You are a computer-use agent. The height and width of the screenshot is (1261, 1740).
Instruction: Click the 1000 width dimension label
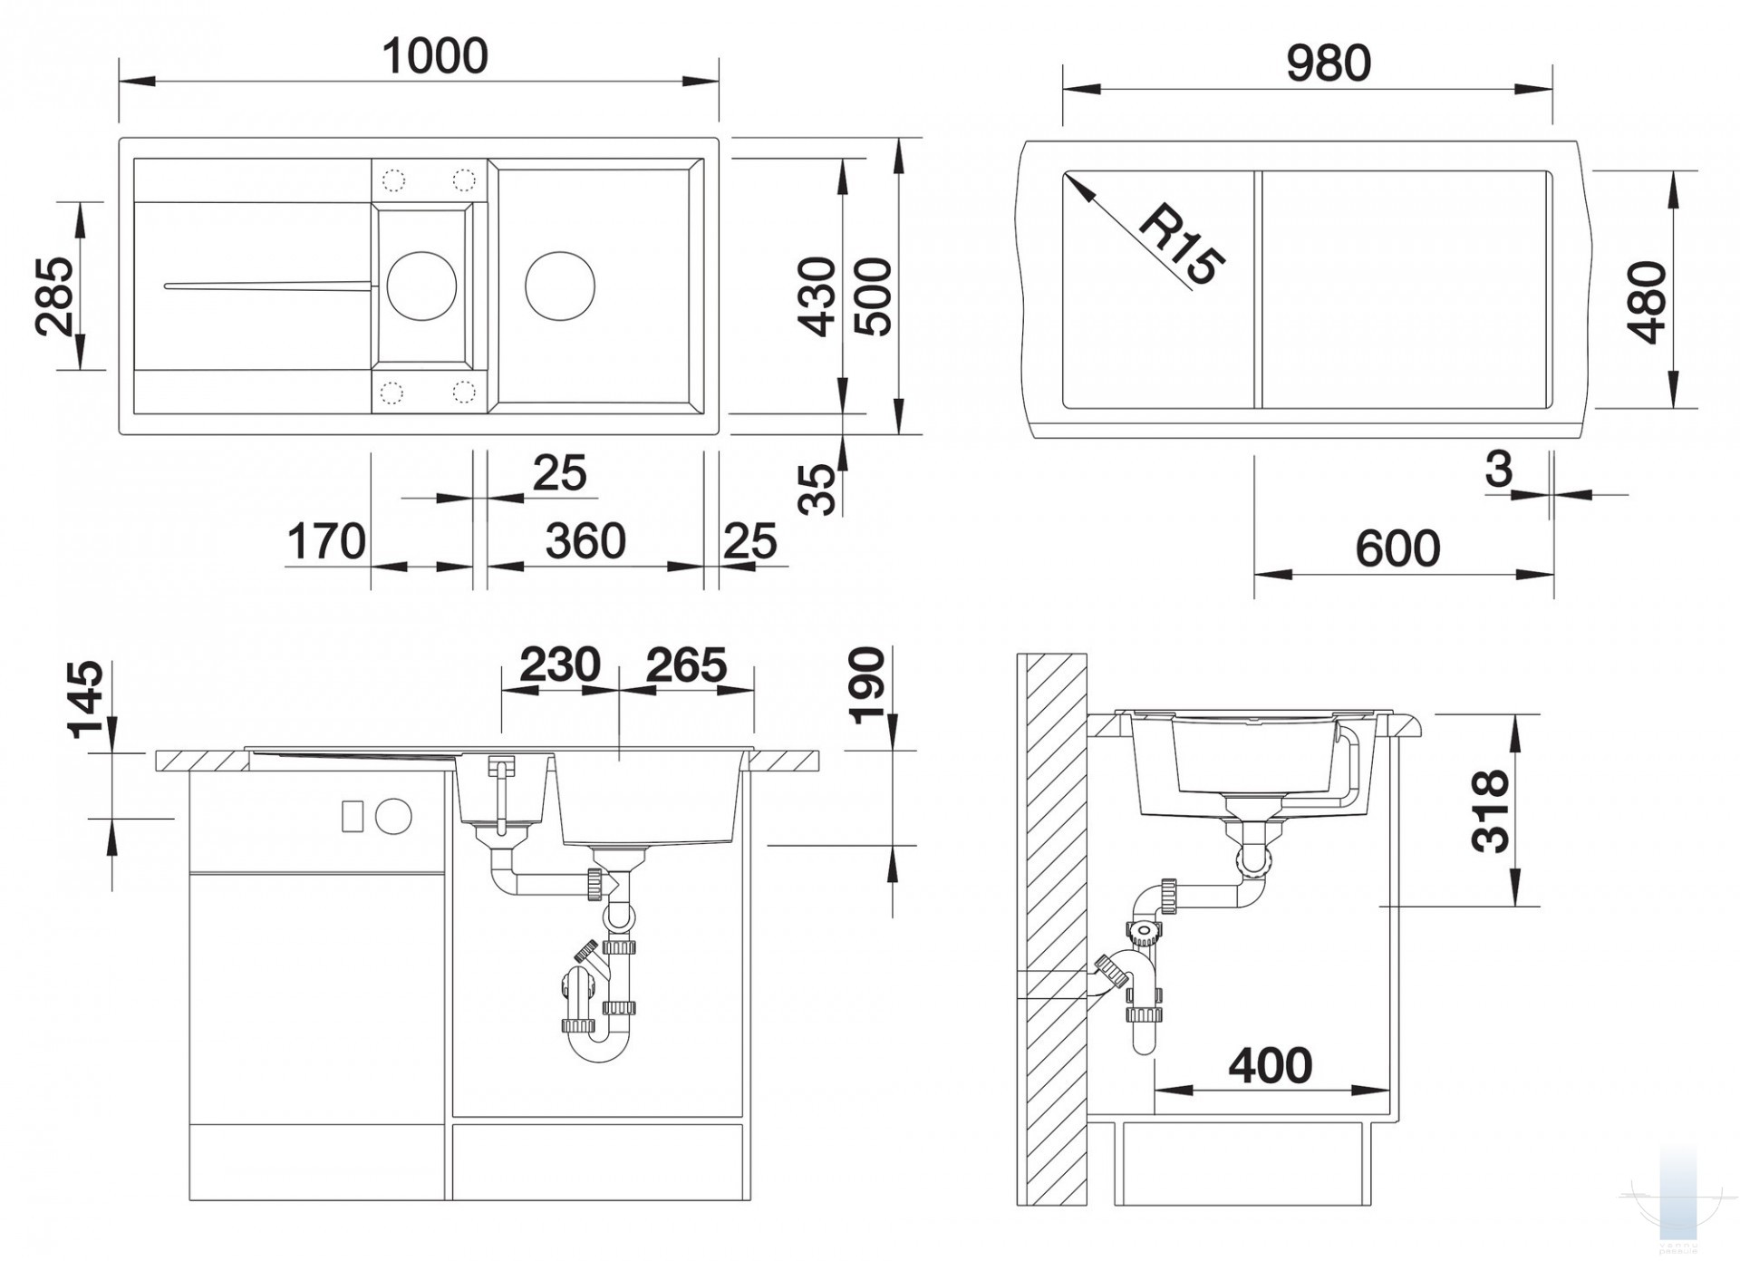tap(435, 56)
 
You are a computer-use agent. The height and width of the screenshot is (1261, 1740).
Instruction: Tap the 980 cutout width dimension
tap(1329, 63)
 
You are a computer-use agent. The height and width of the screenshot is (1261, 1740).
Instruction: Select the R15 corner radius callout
tap(1181, 246)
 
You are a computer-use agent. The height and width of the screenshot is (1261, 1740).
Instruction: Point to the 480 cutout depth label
tap(1647, 302)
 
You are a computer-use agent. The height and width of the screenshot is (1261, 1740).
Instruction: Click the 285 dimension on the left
tap(55, 296)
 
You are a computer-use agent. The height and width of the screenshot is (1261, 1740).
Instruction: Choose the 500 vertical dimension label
tap(874, 296)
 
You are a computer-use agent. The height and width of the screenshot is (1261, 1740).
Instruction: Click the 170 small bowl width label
tap(326, 541)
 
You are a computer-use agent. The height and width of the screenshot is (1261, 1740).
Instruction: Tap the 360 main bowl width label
tap(585, 541)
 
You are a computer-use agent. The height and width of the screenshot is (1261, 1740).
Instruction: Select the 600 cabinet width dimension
tap(1397, 548)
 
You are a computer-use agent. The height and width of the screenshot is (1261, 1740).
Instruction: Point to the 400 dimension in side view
tap(1271, 1065)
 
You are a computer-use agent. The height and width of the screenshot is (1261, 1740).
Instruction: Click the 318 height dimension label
tap(1491, 811)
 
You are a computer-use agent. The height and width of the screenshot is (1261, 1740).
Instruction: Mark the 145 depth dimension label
tap(86, 700)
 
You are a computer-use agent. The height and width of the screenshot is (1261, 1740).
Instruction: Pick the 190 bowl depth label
tap(867, 685)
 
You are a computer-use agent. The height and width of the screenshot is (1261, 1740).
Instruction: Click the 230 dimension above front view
tap(560, 664)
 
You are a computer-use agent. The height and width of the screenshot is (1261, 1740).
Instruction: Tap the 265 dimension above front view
tap(686, 664)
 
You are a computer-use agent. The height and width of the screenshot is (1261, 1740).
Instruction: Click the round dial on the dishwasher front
tap(393, 816)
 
